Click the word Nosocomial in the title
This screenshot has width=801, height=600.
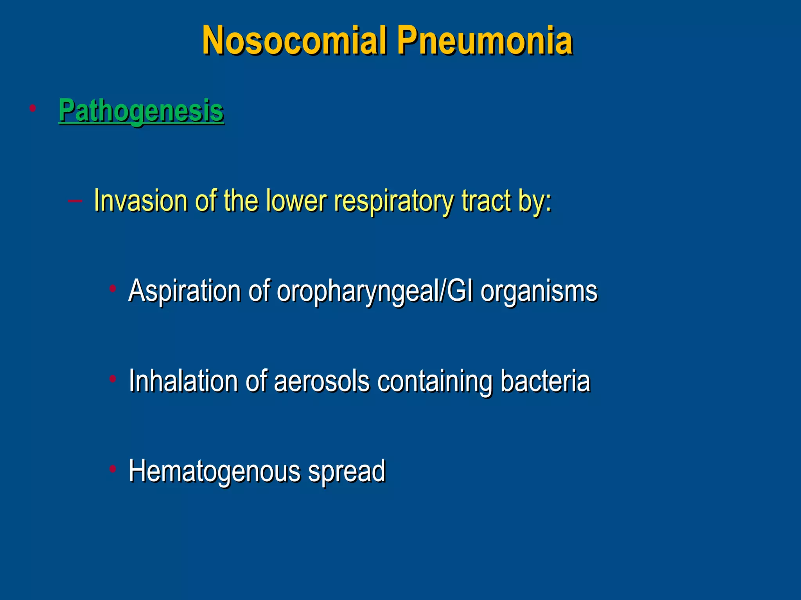coord(294,41)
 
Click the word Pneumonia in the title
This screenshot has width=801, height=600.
coord(485,41)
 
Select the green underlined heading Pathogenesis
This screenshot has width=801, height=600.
coord(141,111)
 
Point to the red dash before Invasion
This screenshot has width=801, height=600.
coord(75,201)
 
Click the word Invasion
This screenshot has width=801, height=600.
coord(141,201)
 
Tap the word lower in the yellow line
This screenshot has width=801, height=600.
coord(296,201)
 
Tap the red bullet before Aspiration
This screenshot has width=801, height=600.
coord(113,289)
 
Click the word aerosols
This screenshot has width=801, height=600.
coord(321,381)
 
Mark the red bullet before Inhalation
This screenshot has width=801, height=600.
coord(113,379)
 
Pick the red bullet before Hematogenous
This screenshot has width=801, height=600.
coord(113,468)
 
